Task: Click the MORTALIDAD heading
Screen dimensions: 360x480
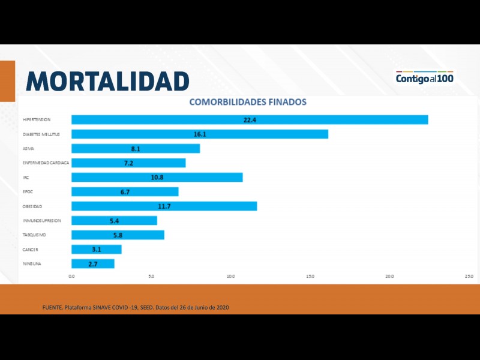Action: (x=108, y=81)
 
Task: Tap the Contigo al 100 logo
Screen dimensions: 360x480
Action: (x=424, y=78)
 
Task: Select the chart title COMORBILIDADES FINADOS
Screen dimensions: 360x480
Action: (x=248, y=102)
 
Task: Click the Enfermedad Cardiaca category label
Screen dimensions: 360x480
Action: (x=46, y=163)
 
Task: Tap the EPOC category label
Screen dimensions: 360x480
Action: (x=28, y=192)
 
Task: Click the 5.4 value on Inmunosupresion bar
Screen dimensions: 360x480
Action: (x=114, y=221)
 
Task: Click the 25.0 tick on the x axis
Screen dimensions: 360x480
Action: (x=469, y=276)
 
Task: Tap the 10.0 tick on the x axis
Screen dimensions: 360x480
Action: (x=230, y=276)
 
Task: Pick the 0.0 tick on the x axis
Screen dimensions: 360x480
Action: (x=71, y=276)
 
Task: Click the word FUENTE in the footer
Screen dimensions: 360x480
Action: (x=52, y=308)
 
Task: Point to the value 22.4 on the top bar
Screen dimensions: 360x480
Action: (x=250, y=120)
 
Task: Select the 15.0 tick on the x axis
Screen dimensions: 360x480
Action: (x=310, y=276)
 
